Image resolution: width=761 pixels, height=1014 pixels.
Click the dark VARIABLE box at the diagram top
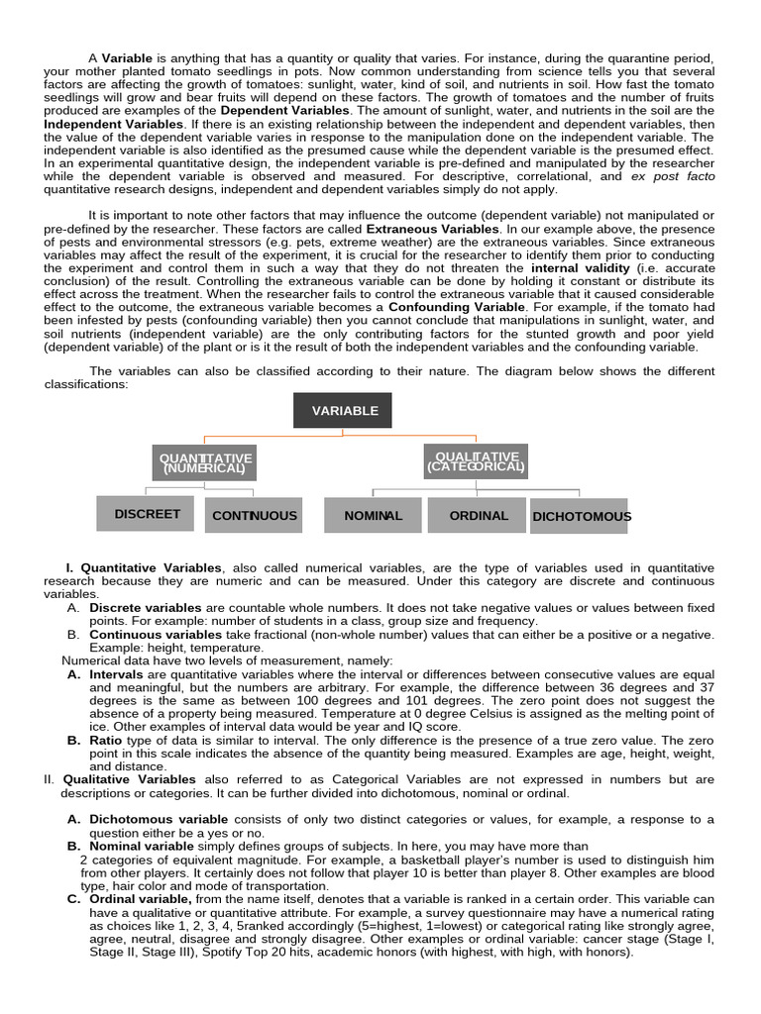tap(343, 410)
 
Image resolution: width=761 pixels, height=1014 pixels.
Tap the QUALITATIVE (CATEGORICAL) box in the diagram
tap(476, 461)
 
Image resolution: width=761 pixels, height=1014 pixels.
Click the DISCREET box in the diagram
tap(147, 513)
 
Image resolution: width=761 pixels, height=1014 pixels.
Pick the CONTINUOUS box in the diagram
tap(254, 515)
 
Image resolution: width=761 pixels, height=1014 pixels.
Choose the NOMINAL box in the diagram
tap(373, 515)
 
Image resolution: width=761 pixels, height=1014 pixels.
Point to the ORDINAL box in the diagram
tap(478, 515)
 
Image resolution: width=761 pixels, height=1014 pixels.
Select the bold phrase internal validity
tap(580, 267)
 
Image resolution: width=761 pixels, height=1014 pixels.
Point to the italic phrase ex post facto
tap(672, 176)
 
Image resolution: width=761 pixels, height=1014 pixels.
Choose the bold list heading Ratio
tap(106, 740)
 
